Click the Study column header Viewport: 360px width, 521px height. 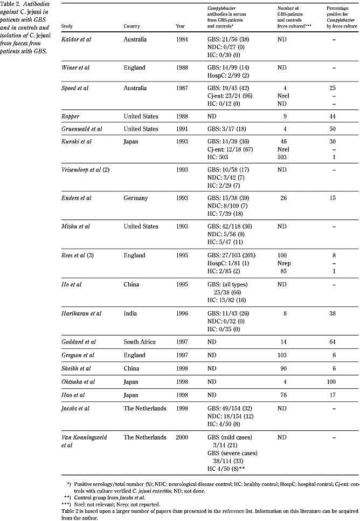pyautogui.click(x=68, y=25)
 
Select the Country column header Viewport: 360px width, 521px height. pyautogui.click(x=132, y=25)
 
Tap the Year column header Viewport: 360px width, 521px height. pyautogui.click(x=181, y=25)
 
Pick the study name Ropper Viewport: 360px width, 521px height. pyautogui.click(x=72, y=116)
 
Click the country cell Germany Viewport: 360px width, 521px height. pyautogui.click(x=135, y=198)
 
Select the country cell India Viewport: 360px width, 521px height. pyautogui.click(x=130, y=313)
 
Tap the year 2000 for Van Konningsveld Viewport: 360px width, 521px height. pyautogui.click(x=182, y=437)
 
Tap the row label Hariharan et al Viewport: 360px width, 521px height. pyautogui.click(x=81, y=313)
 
